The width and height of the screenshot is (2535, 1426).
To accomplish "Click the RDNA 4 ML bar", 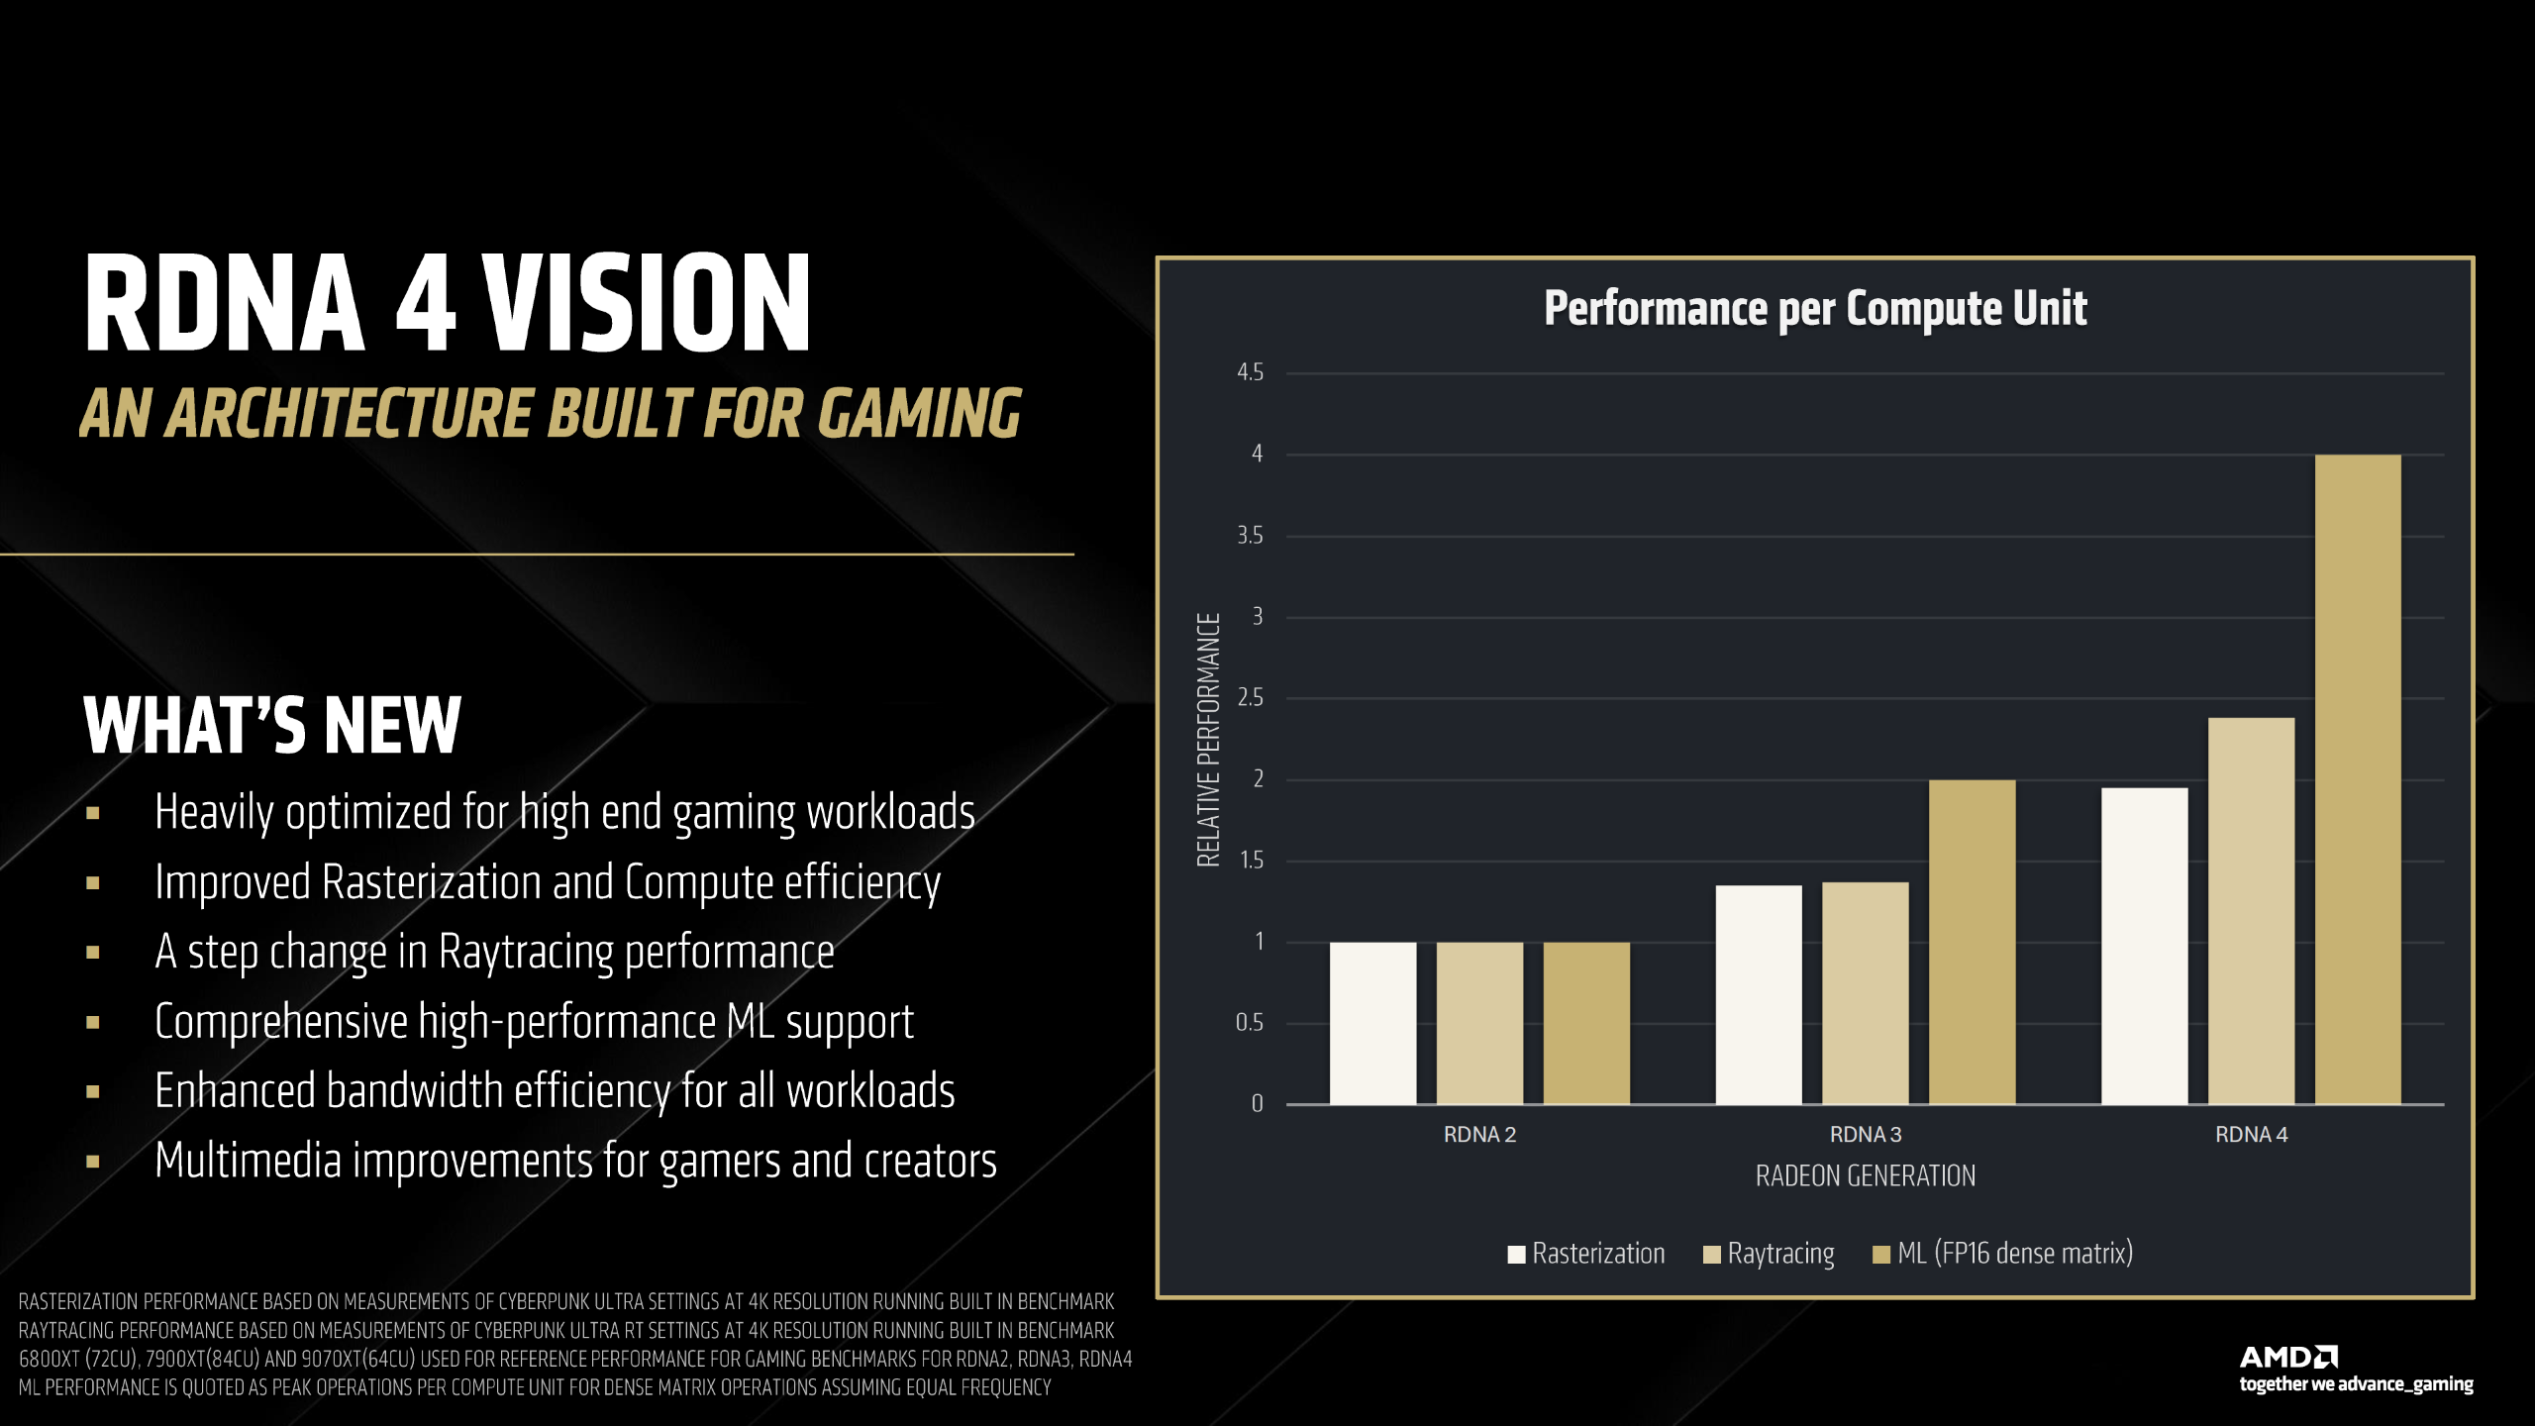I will pos(2357,778).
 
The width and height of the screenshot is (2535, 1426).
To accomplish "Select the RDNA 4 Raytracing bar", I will pos(2250,910).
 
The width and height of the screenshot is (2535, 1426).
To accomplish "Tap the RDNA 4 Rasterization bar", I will pos(2144,946).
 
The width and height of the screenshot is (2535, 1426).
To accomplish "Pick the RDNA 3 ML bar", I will pos(1972,942).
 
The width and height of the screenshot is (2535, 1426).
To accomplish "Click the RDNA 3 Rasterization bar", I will pos(1759,994).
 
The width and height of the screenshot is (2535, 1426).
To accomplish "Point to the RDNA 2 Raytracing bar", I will pos(1479,1023).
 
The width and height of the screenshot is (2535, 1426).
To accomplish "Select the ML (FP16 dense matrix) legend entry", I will pos(2002,1254).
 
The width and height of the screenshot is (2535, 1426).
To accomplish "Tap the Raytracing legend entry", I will pos(1769,1254).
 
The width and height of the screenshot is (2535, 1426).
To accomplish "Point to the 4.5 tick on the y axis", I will pos(1250,372).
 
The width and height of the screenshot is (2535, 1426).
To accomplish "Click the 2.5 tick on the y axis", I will pos(1250,698).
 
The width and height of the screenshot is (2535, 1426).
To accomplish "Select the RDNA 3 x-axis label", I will pos(1865,1135).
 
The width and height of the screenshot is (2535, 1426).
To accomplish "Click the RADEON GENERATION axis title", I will pos(1865,1176).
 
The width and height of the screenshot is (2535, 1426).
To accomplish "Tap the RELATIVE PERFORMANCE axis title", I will pos(1208,740).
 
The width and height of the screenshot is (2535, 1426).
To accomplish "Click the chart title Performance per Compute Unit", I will pos(1815,308).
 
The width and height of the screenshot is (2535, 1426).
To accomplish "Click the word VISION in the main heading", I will pos(648,303).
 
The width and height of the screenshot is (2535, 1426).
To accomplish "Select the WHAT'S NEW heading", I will pos(272,726).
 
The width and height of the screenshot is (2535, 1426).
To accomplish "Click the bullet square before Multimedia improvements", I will pos(93,1162).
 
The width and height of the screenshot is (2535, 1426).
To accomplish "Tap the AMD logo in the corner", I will pos(2288,1357).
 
